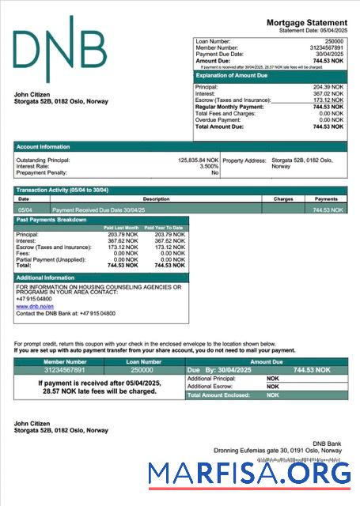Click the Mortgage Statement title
306,23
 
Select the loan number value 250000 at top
334,40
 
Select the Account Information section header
44,147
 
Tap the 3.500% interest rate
209,167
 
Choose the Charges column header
283,199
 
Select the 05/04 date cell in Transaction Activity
25,210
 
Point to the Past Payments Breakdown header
51,220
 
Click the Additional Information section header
45,278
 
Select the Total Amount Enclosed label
218,395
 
